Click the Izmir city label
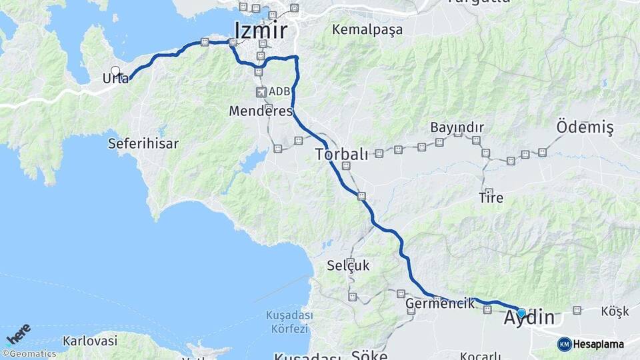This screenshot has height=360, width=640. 261,31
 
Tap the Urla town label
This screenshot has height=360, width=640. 115,79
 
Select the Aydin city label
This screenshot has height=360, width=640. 536,318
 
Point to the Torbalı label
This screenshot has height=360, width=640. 341,155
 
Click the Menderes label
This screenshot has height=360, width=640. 261,111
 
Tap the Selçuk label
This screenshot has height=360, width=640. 348,265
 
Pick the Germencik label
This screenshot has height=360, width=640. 440,303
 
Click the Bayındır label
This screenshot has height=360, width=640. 457,127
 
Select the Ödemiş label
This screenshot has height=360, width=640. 585,127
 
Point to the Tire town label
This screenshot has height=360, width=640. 491,198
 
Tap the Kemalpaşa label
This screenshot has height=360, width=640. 368,30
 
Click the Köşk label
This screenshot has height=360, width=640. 615,311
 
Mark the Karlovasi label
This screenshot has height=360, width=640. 90,341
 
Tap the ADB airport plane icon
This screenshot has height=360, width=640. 260,91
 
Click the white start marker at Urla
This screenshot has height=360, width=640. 115,71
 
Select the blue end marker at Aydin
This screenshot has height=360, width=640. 521,313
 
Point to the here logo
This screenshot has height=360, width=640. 19,334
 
